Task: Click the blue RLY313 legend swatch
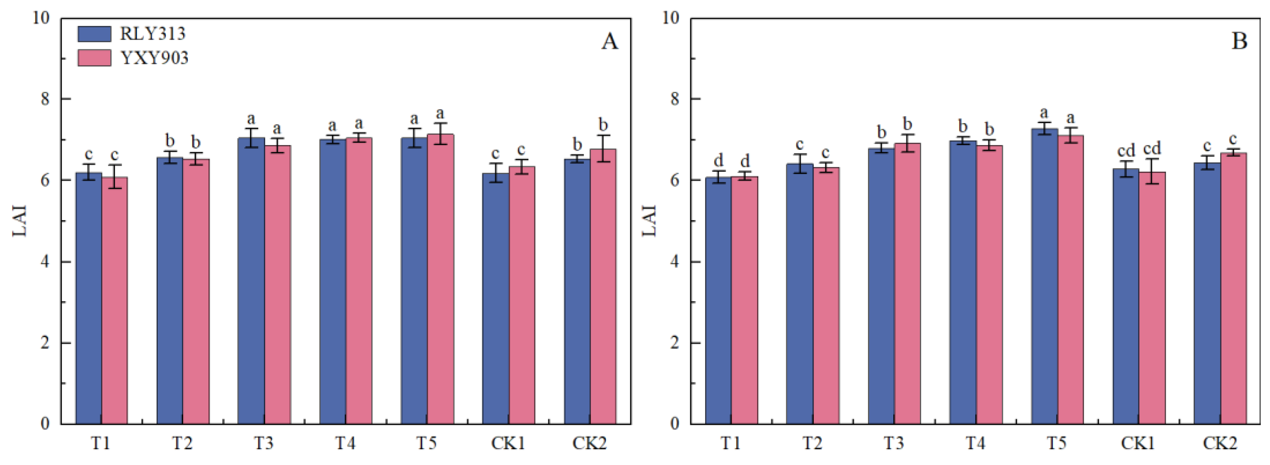94,33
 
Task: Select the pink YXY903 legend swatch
94,58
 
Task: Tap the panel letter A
609,42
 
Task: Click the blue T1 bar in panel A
89,298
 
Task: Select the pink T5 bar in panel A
440,279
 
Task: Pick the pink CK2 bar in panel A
603,287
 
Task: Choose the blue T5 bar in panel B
1044,277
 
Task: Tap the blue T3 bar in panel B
881,286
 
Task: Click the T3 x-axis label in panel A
264,443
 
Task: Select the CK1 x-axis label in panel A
508,443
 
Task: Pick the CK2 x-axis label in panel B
1220,443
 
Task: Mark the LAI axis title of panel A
19,221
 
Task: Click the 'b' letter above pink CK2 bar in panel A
603,124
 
